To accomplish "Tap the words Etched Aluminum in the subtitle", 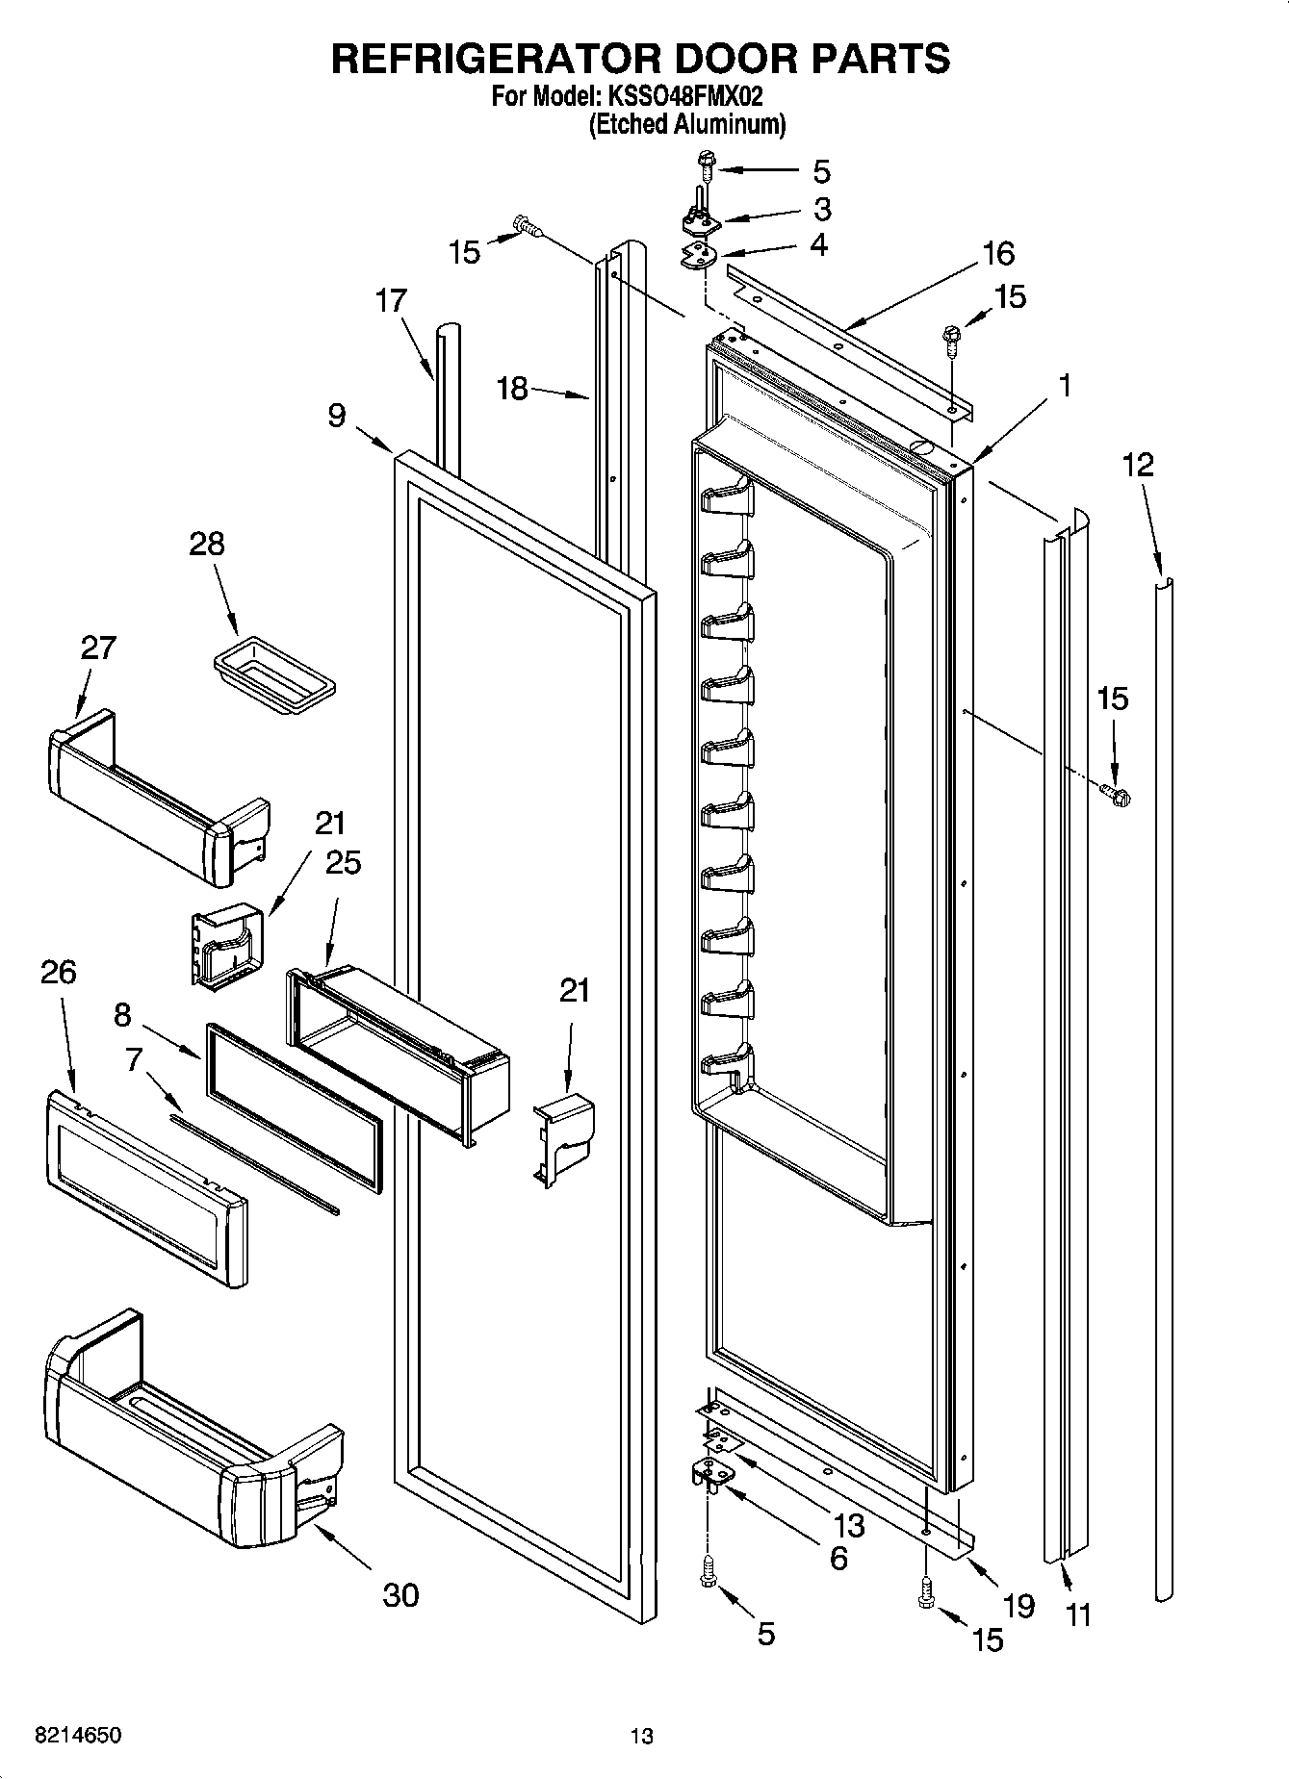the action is pos(687,124).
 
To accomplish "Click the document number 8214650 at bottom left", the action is pos(77,1736).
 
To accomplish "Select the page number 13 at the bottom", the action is pos(641,1737).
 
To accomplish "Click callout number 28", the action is pos(206,544).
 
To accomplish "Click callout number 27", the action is pos(98,648).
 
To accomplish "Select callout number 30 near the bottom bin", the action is pos(400,1594).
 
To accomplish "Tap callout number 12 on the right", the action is pos(1138,465).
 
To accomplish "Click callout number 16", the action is pos(998,253).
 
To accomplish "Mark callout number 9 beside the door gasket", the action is pos(336,415).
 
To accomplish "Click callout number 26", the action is pos(58,972).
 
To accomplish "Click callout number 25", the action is pos(343,862).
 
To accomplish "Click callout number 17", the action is pos(391,300).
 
